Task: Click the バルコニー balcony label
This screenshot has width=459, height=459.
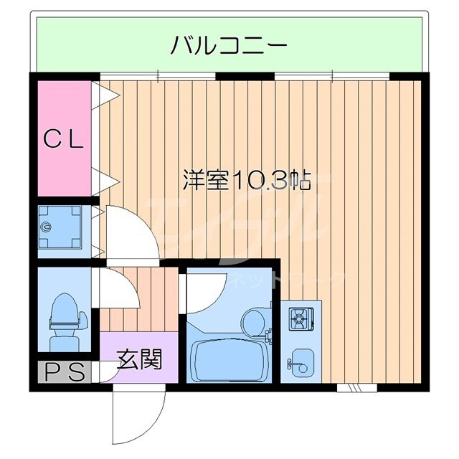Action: tap(229, 47)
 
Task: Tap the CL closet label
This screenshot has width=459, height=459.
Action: tap(65, 138)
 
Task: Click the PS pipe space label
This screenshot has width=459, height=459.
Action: tap(65, 372)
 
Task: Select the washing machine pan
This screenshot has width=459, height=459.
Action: tap(62, 229)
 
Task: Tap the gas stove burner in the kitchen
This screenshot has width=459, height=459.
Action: tap(300, 317)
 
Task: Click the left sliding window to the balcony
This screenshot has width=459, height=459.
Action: tap(158, 76)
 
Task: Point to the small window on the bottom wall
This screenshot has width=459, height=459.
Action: tap(357, 388)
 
